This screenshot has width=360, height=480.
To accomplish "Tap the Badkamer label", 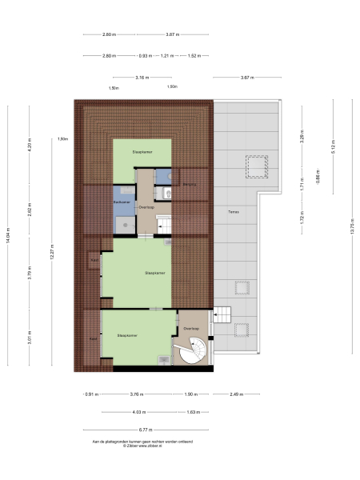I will click(122, 202).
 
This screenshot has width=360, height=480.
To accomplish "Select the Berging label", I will click(189, 185).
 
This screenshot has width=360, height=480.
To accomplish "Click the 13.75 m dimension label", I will click(351, 226).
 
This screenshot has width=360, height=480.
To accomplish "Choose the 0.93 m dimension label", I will click(144, 56).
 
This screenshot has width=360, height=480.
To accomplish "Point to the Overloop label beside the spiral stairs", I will click(190, 329).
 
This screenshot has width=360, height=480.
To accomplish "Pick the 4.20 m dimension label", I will click(29, 148).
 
